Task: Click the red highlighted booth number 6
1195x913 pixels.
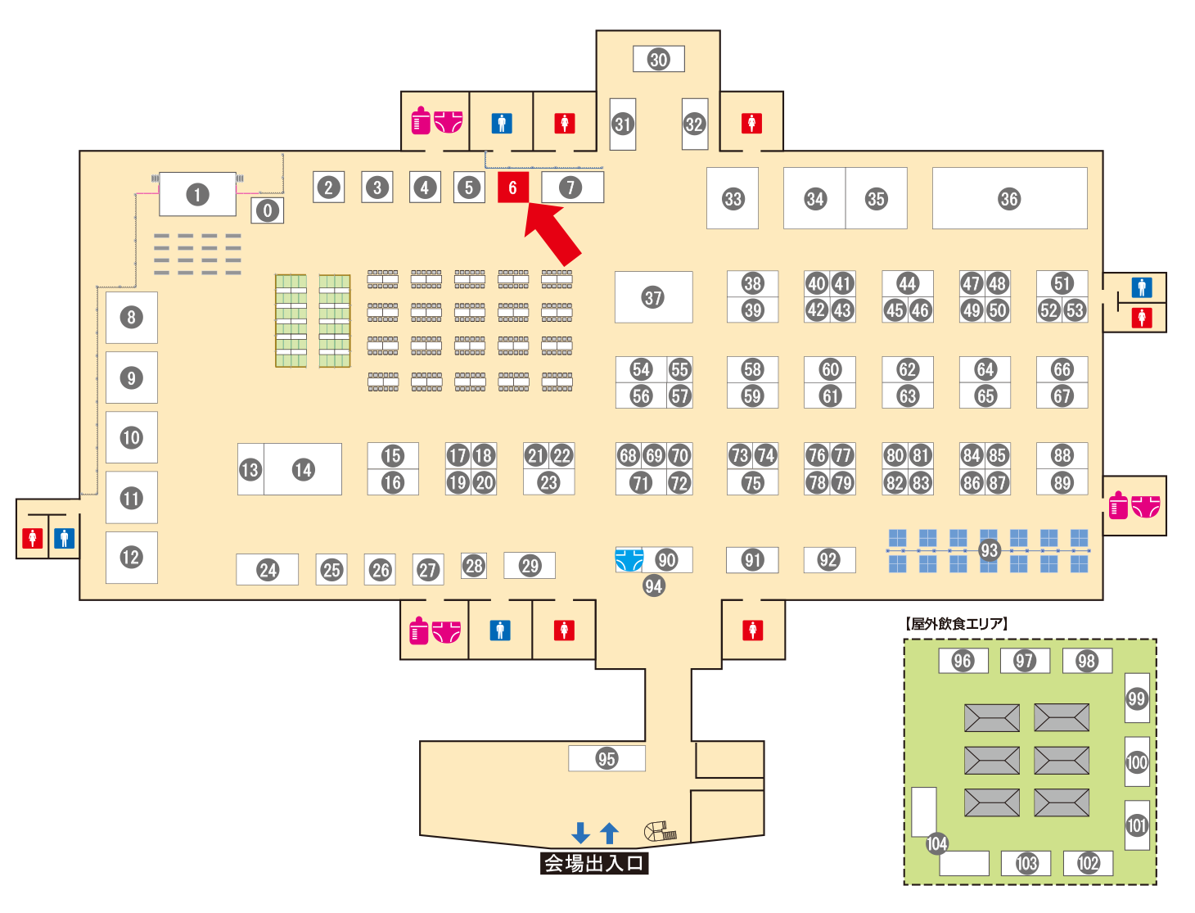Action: pos(512,188)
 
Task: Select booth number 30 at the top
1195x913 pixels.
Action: pos(659,59)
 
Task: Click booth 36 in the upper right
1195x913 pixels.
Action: pos(1009,198)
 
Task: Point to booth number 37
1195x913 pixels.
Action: pos(653,297)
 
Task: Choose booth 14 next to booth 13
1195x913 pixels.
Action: pos(304,469)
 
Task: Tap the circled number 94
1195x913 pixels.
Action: pos(653,585)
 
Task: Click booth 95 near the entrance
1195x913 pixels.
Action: pos(607,758)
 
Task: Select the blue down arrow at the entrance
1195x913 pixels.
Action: pos(581,833)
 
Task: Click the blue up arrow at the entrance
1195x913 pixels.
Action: pos(609,833)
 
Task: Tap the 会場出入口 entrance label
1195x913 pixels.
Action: pos(594,863)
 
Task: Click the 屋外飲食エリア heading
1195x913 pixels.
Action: pos(957,624)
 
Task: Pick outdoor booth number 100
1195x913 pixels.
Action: pos(1137,762)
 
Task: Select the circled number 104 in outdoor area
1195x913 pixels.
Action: pos(936,843)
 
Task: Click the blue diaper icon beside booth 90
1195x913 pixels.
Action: pos(629,560)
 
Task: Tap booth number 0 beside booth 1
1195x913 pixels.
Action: pos(268,210)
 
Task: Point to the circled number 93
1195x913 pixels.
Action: pos(990,550)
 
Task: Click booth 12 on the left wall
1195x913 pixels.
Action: pos(131,558)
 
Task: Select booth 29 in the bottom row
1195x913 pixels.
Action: pos(530,565)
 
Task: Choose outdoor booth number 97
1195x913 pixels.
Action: pos(1025,661)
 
